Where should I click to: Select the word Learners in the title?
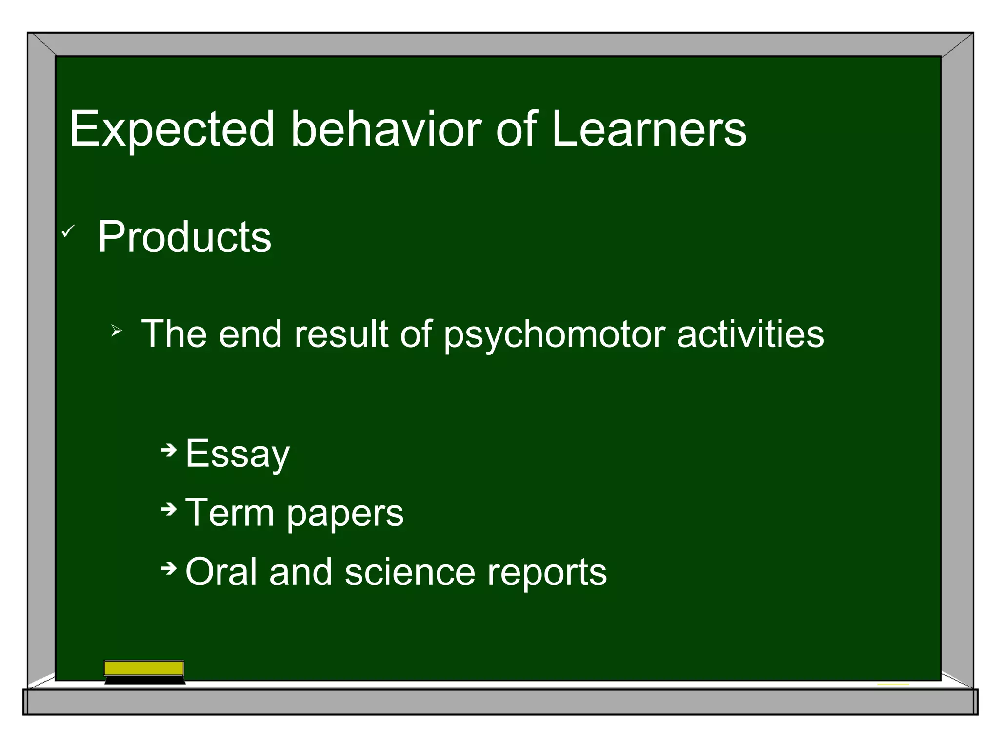(x=649, y=129)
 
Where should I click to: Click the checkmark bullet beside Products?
(x=68, y=231)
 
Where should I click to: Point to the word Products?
(x=184, y=237)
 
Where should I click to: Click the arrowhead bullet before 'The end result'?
(x=116, y=332)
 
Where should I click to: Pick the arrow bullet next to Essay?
(x=168, y=450)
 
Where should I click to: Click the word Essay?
(x=238, y=454)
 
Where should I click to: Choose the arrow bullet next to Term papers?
(x=168, y=510)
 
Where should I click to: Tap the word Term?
(x=229, y=512)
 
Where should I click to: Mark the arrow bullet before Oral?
(x=168, y=568)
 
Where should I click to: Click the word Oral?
(x=220, y=572)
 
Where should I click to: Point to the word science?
(x=410, y=572)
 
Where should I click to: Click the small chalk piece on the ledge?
(x=893, y=684)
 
